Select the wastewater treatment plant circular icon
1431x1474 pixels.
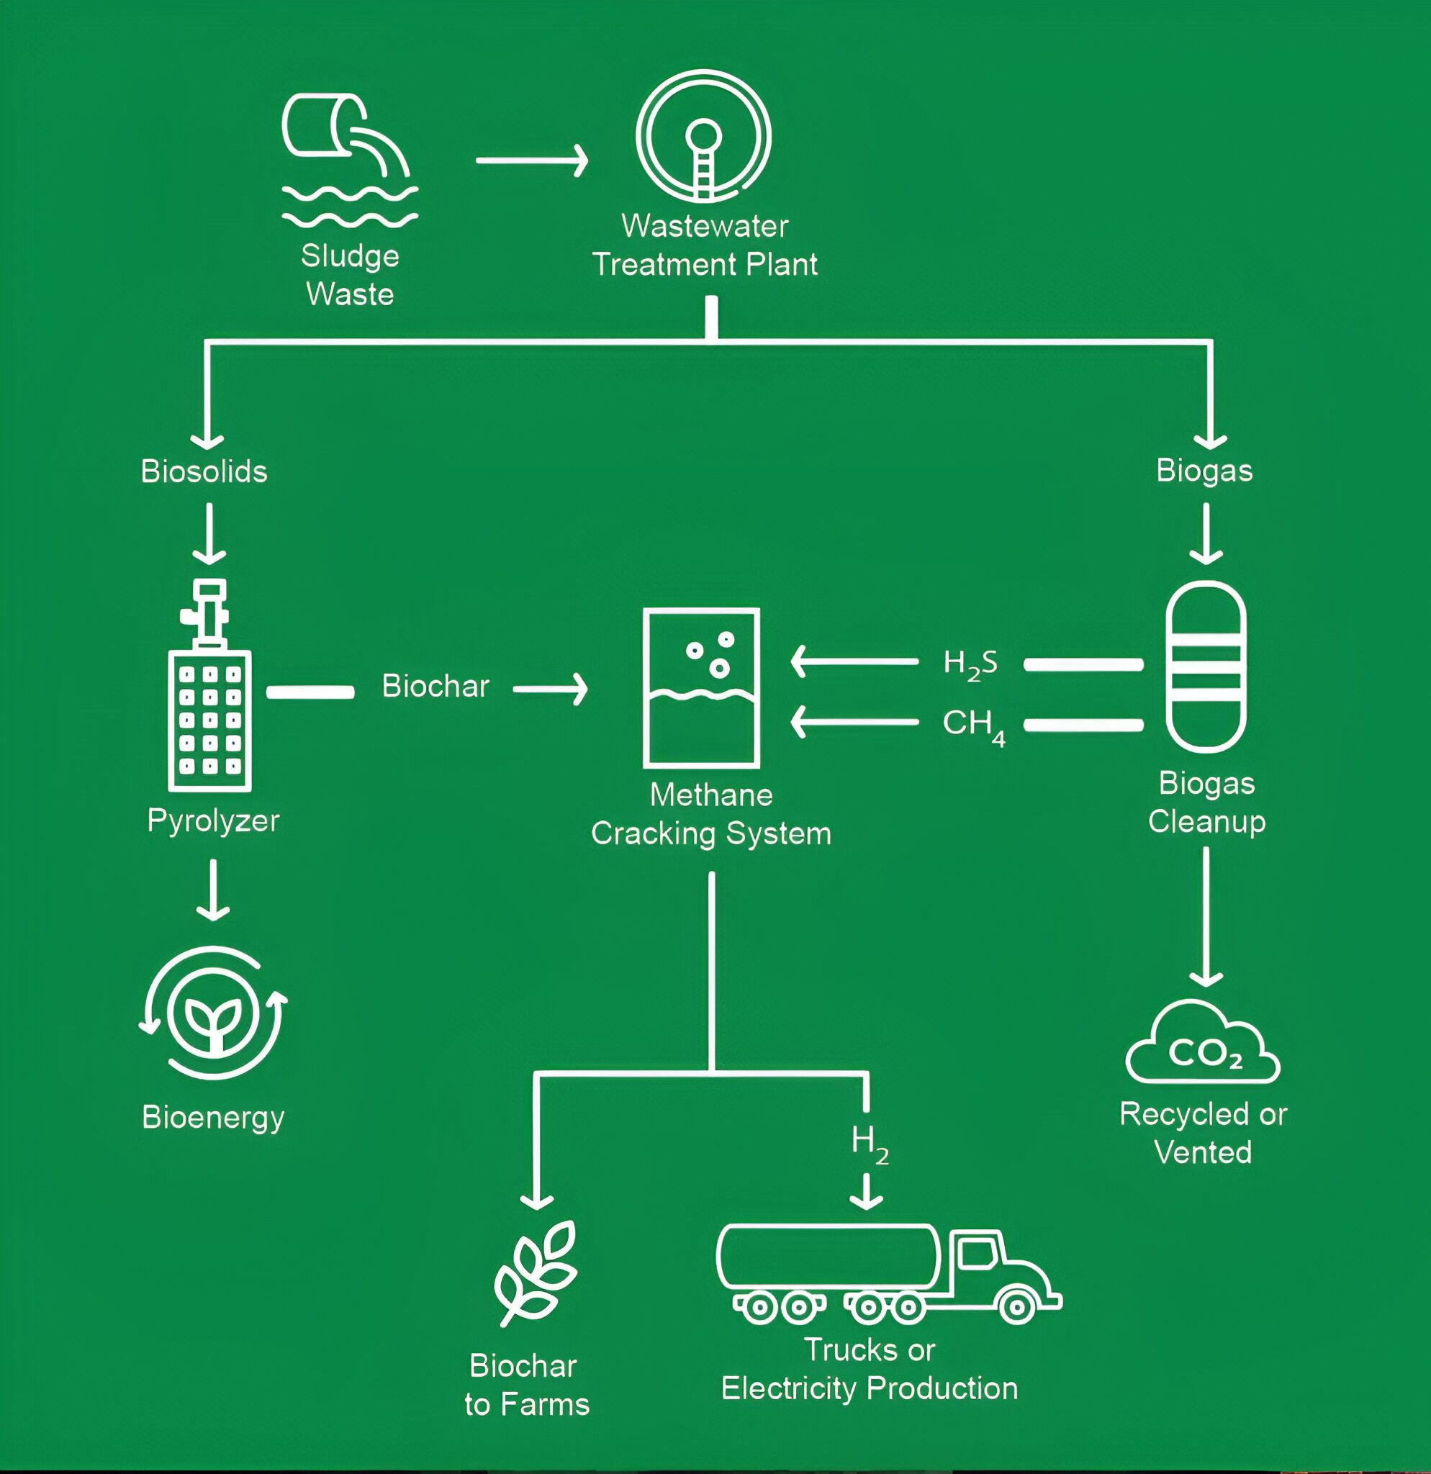coord(703,136)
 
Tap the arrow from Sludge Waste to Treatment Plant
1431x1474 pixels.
coord(533,160)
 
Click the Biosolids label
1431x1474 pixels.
coord(204,471)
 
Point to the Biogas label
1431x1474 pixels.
coord(1204,471)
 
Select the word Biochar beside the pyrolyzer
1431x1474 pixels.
coord(435,686)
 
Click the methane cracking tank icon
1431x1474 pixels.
coord(701,688)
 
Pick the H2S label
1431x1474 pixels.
coord(970,664)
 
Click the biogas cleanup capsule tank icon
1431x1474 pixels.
coord(1206,667)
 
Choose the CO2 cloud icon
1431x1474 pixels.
coord(1202,1043)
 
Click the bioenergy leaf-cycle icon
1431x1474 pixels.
coord(214,1012)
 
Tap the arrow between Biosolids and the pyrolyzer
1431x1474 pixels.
coord(209,533)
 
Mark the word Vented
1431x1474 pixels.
coord(1202,1153)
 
